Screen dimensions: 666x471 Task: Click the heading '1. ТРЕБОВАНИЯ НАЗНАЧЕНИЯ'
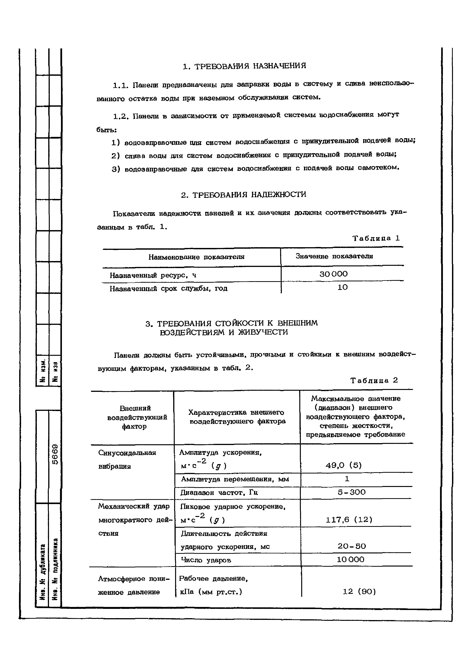pyautogui.click(x=244, y=66)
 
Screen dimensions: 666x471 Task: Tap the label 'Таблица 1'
pyautogui.click(x=376, y=238)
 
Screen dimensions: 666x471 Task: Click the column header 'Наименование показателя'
pyautogui.click(x=196, y=257)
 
